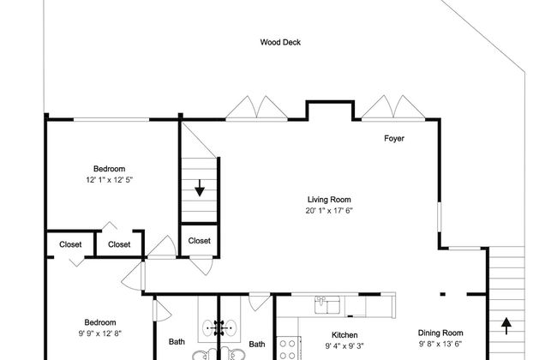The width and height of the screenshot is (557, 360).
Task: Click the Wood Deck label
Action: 280,42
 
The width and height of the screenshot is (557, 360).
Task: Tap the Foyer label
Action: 394,138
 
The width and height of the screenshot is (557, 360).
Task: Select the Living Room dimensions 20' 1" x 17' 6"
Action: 329,211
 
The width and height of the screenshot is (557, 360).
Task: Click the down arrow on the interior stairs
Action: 200,188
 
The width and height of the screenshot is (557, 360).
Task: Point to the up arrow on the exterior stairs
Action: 506,326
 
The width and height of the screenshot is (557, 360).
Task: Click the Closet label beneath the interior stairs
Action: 200,241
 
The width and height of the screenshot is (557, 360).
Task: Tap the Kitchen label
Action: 344,335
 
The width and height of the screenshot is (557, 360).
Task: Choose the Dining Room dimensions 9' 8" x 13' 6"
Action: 440,344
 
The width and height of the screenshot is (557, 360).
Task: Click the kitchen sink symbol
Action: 327,304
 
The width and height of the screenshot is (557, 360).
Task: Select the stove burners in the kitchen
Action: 287,349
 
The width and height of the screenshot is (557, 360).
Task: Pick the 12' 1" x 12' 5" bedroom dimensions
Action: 109,180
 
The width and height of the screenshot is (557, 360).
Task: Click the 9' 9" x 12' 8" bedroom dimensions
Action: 100,333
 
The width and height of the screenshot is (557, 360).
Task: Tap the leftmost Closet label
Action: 70,244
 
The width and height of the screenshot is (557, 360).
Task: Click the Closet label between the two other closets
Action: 119,244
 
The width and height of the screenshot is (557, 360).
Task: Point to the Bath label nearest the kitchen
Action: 257,344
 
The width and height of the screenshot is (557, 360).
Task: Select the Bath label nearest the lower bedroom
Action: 177,341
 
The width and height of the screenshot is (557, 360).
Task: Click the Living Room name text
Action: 329,200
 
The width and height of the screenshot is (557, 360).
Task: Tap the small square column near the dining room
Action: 443,294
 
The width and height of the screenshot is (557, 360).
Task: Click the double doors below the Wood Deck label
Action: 256,108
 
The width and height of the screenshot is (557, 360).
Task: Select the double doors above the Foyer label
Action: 392,107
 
